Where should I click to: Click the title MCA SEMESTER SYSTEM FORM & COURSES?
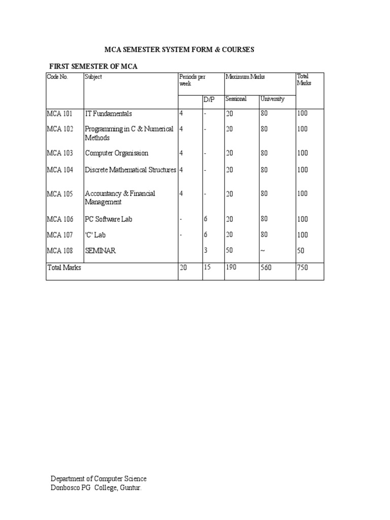point(179,50)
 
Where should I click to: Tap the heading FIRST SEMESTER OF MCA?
point(93,67)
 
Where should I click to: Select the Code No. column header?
point(57,77)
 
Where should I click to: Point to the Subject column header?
point(93,77)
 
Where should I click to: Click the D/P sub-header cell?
point(209,100)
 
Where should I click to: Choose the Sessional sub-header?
point(236,99)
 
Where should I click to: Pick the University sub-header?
point(273,99)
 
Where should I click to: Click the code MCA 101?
point(60,114)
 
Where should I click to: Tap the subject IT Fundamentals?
point(108,114)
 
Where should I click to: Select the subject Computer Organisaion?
point(117,153)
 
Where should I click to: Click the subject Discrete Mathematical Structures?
point(131,170)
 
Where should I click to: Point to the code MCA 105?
point(60,193)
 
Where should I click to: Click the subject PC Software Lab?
point(109,219)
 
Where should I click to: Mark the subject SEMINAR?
point(100,251)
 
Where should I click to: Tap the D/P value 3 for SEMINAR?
point(206,251)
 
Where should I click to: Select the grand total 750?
point(303,268)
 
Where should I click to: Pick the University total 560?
point(266,268)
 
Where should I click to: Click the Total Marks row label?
point(64,268)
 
